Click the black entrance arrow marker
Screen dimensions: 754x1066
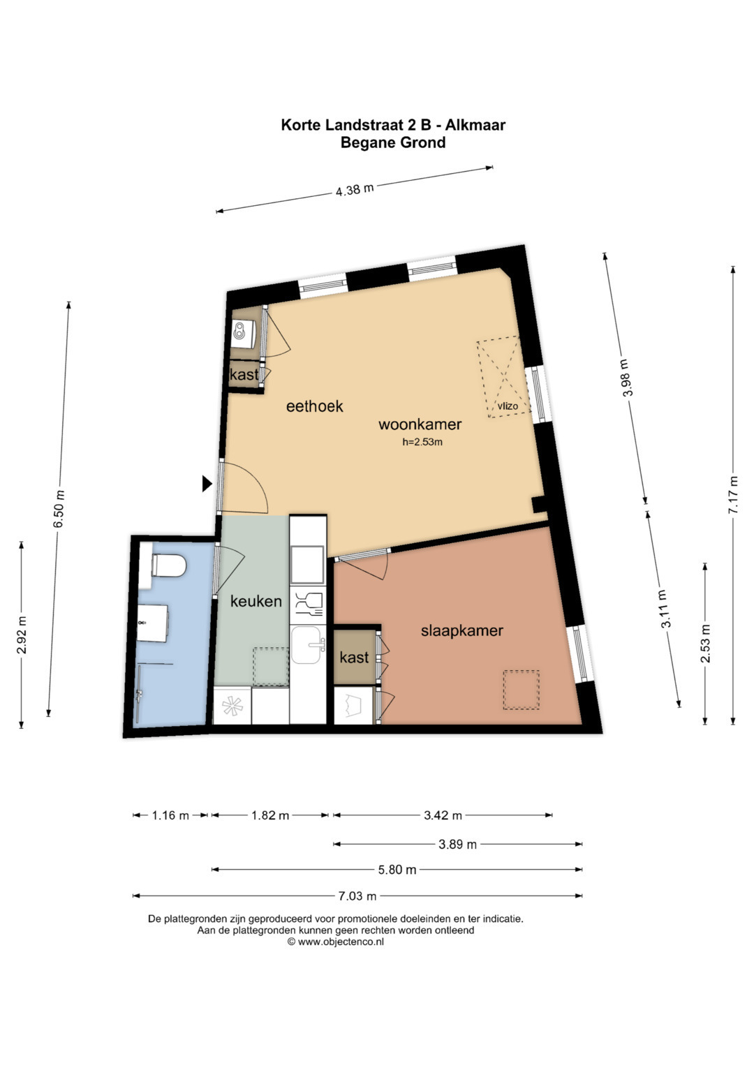[206, 484]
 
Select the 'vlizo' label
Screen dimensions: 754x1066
[508, 406]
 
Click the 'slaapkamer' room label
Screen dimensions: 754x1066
[461, 631]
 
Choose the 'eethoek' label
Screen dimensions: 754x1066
[315, 406]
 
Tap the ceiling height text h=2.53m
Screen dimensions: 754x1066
[422, 442]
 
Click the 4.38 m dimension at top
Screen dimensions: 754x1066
[355, 190]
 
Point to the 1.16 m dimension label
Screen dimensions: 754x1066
[170, 815]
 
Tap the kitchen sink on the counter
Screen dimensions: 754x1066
[308, 645]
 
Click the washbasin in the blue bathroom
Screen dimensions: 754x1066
[153, 623]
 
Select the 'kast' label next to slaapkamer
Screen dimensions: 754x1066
[354, 658]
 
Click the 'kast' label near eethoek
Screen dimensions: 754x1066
[244, 374]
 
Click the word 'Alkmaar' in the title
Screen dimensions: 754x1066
[475, 125]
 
